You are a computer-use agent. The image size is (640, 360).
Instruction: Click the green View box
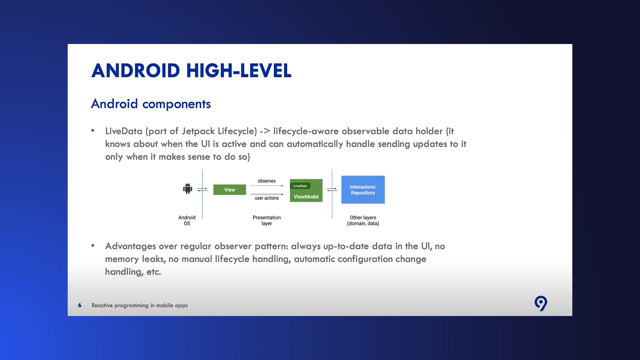tap(230, 190)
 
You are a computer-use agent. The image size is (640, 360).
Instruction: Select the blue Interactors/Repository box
tap(363, 190)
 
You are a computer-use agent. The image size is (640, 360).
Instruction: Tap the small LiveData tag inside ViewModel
tap(300, 186)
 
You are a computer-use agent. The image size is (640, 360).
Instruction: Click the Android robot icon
tap(188, 189)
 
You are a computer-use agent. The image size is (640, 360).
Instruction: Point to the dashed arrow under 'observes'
tap(267, 186)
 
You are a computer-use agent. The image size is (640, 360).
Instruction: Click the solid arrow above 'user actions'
tap(267, 194)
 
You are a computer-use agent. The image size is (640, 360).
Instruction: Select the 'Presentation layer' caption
tap(267, 220)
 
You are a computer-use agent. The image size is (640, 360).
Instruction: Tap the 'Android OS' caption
tap(187, 220)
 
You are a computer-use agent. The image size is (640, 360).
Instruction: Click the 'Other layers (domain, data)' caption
tap(363, 220)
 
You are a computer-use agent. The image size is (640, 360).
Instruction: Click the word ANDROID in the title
tap(136, 71)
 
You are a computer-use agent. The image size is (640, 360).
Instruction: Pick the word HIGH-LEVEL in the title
tap(239, 71)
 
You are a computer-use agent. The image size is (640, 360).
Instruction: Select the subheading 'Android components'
tap(151, 104)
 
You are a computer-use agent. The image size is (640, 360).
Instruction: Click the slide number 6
tap(80, 305)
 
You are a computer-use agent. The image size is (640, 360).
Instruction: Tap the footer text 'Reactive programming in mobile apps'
tap(140, 305)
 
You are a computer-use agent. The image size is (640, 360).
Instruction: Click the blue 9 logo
tap(541, 303)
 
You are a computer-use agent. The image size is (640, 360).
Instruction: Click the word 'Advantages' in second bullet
tap(131, 246)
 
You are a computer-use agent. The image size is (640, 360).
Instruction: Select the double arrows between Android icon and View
tap(202, 190)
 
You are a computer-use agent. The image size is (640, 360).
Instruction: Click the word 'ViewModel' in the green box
tap(306, 197)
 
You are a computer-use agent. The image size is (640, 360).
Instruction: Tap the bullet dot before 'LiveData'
tap(93, 131)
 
